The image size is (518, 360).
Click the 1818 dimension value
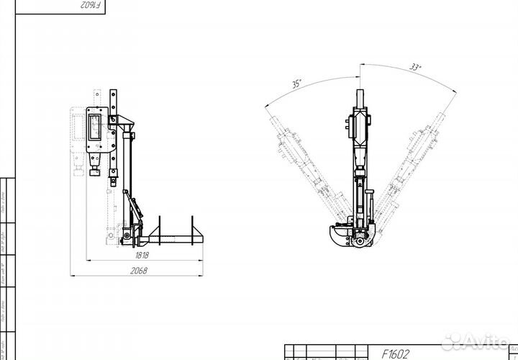(142, 254)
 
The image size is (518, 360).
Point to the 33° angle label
(415, 68)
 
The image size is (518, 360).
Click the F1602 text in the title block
(396, 354)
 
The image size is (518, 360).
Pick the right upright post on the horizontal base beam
(195, 228)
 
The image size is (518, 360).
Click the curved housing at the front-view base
(338, 235)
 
